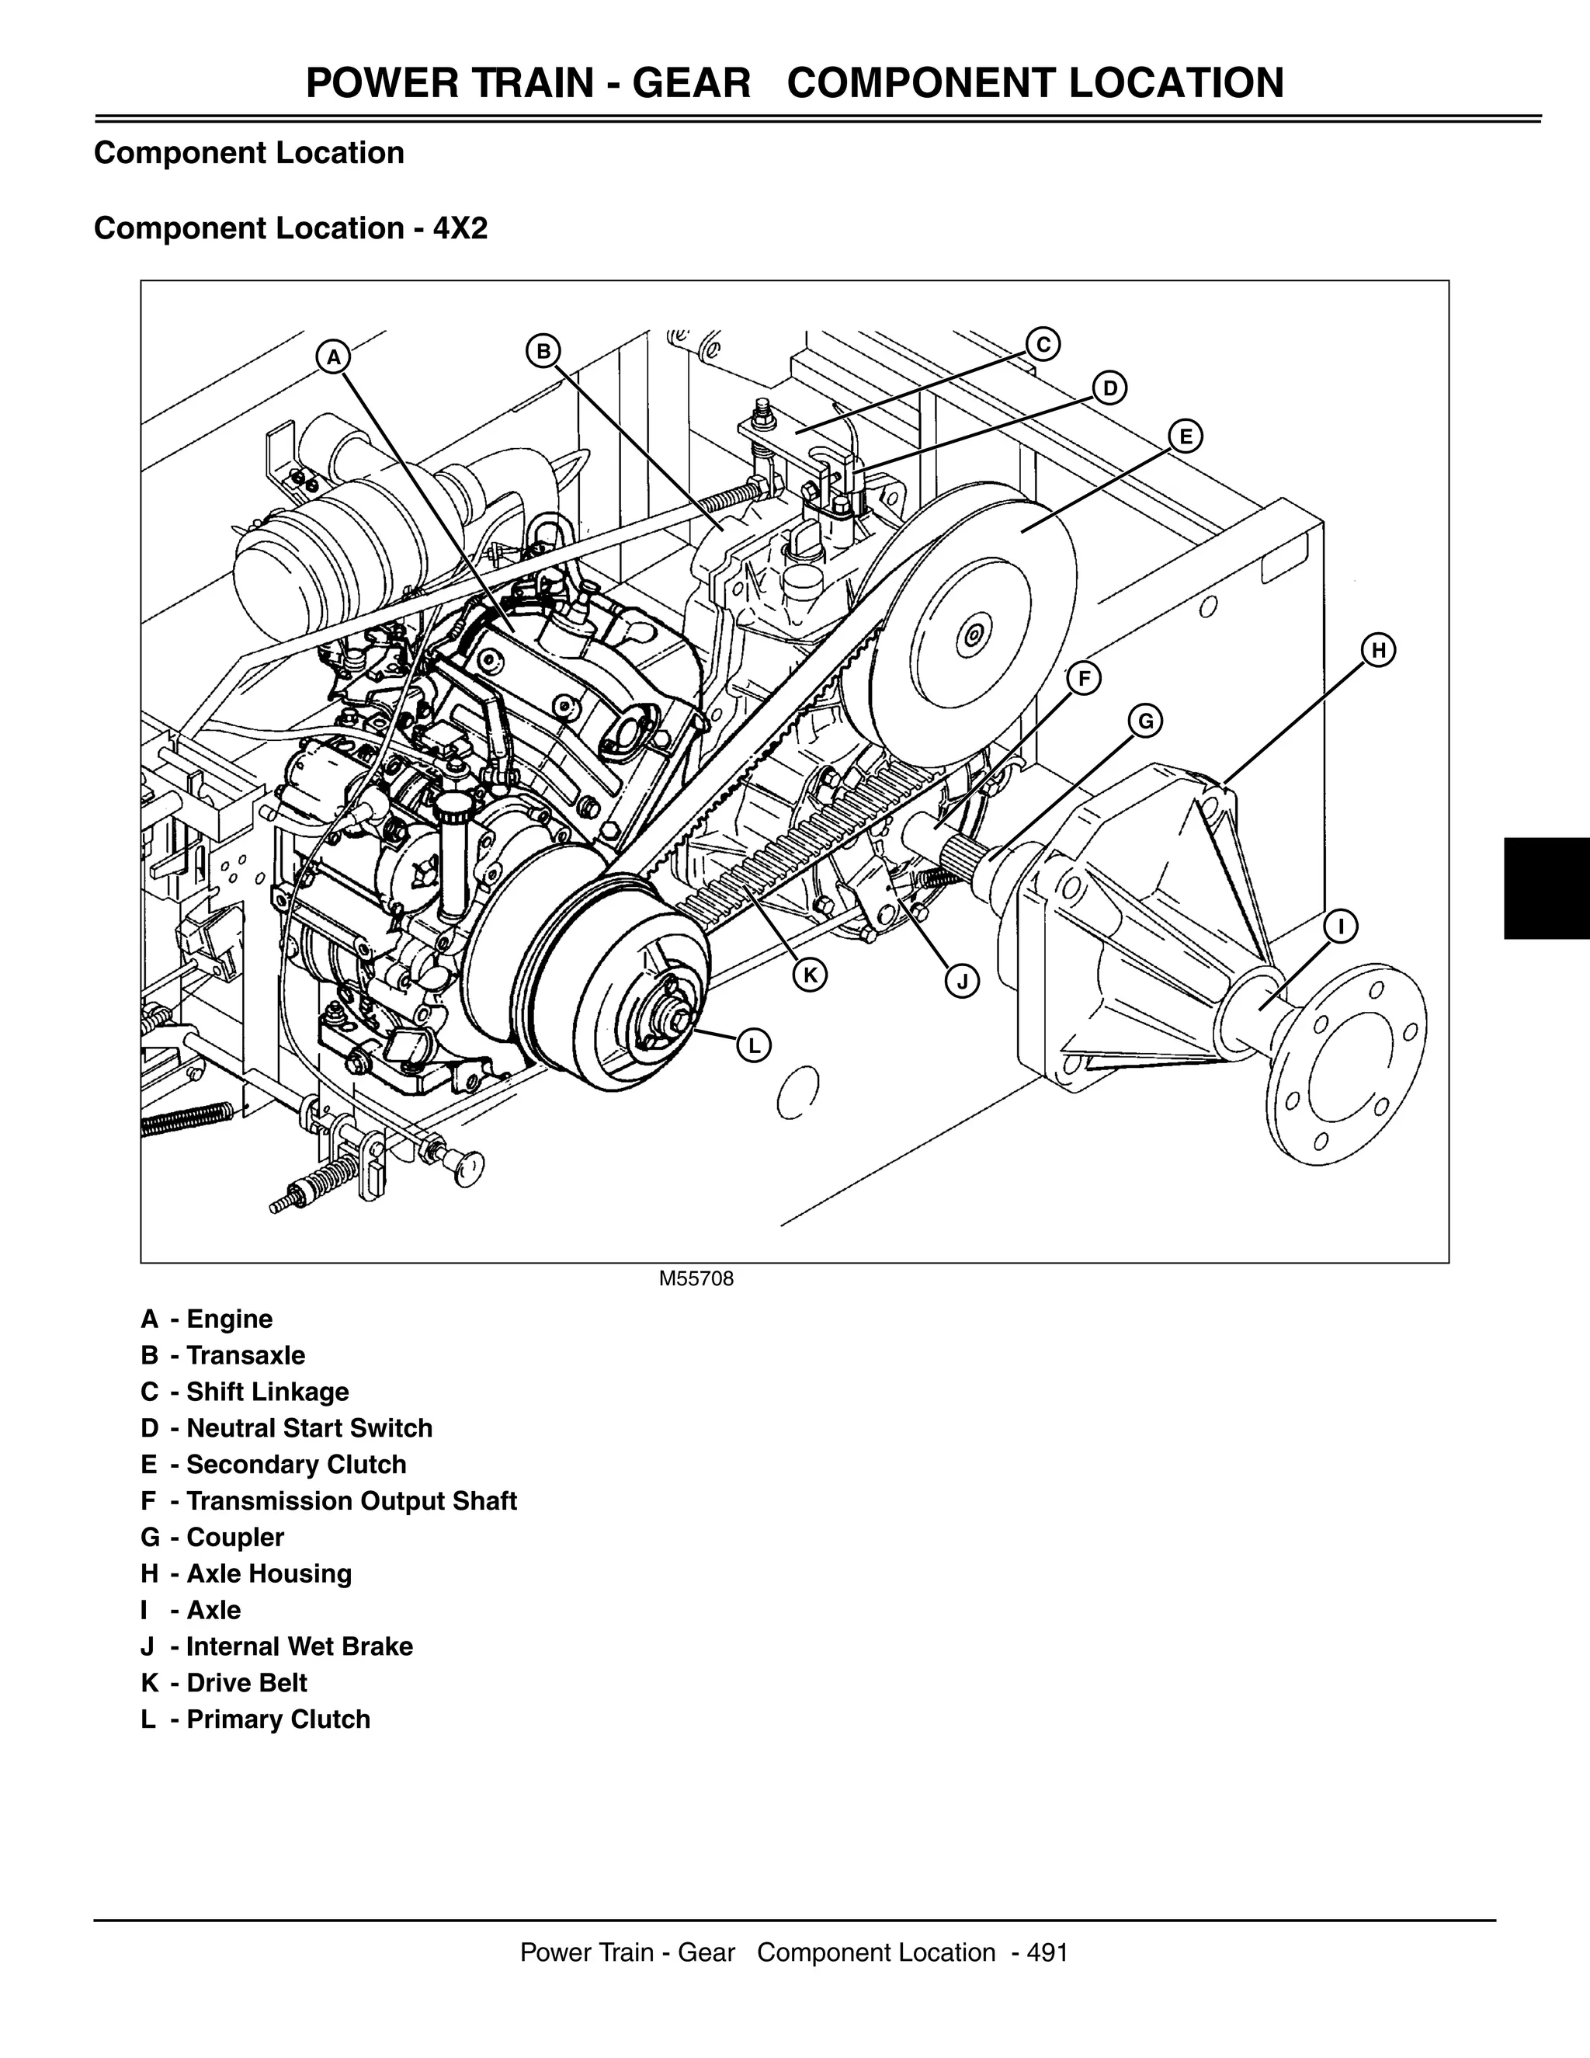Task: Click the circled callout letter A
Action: click(x=332, y=358)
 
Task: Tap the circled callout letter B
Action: click(x=543, y=352)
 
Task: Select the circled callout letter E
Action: click(x=1185, y=436)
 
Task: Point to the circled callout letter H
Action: click(x=1378, y=650)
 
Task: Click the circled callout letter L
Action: click(x=754, y=1045)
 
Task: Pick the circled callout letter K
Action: click(x=809, y=975)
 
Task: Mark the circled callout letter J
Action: click(x=962, y=982)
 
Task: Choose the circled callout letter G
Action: click(x=1145, y=721)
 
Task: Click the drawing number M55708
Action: click(x=696, y=1279)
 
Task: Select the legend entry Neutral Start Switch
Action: click(x=309, y=1427)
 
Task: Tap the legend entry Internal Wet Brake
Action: click(x=300, y=1646)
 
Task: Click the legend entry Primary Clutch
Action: click(x=278, y=1719)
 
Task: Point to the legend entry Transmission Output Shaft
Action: click(x=352, y=1500)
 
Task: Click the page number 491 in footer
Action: click(x=1047, y=1952)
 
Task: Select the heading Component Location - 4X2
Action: click(x=291, y=228)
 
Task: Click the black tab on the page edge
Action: click(x=1547, y=888)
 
